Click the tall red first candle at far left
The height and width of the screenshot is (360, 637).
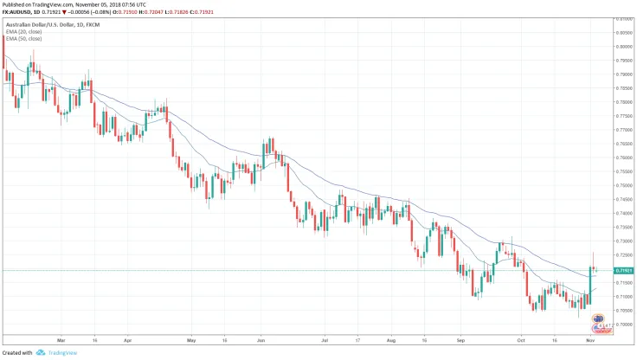tap(3, 61)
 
